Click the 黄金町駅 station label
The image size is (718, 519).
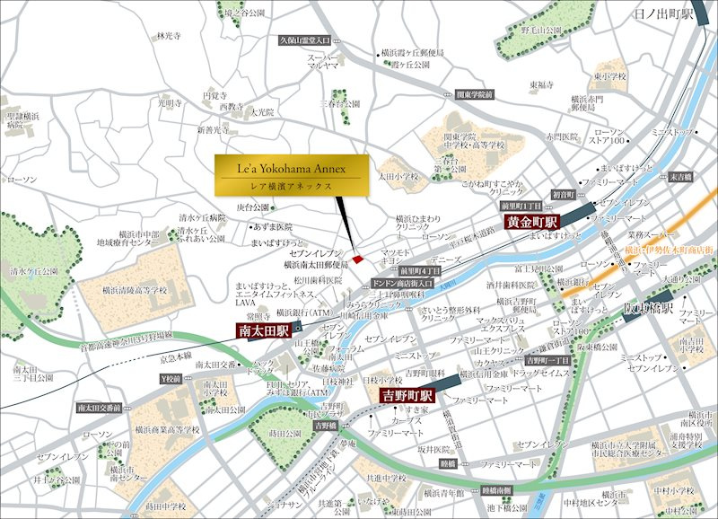531,221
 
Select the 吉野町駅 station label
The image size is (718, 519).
407,395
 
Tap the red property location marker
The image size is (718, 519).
357,259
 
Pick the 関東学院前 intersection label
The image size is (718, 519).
475,92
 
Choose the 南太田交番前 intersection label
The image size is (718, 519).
100,408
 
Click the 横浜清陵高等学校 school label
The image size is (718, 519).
135,291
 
